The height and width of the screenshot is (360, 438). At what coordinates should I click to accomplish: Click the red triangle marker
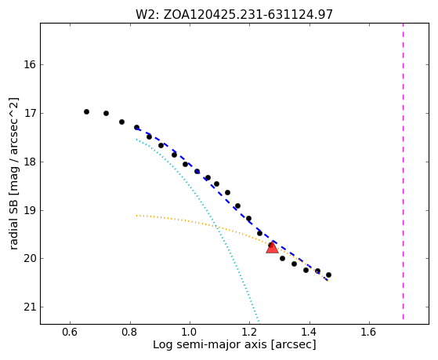tap(272, 248)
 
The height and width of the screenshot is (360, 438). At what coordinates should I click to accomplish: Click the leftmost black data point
tap(87, 112)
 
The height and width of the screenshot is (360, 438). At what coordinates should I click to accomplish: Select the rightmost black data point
tap(328, 275)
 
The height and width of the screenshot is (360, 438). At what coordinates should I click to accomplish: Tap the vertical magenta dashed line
tap(403, 171)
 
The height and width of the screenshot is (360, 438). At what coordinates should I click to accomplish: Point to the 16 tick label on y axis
tap(29, 65)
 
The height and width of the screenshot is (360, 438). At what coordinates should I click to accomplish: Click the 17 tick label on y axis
tap(29, 114)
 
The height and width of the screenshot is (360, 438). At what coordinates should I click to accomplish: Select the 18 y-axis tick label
tap(29, 162)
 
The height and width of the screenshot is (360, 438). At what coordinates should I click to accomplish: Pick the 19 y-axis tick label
tap(29, 211)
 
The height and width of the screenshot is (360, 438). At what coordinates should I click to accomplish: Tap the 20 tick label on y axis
tap(29, 259)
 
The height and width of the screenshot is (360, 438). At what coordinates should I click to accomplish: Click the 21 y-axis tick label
tap(29, 307)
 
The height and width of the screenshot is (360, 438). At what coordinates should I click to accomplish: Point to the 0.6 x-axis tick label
tap(70, 332)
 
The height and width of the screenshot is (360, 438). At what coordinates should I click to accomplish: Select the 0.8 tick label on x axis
tap(130, 332)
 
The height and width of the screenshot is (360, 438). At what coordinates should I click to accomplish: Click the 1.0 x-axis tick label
tap(190, 332)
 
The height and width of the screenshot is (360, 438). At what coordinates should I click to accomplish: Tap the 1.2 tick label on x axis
tap(249, 332)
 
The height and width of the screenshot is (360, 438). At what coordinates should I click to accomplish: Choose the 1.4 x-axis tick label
tap(309, 332)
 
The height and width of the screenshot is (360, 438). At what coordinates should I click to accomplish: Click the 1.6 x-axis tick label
tap(369, 332)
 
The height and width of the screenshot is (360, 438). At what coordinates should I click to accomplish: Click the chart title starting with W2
tap(234, 15)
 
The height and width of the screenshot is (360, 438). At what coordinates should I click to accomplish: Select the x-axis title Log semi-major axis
tap(234, 345)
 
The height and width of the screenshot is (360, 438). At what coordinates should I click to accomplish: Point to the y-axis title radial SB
tap(14, 173)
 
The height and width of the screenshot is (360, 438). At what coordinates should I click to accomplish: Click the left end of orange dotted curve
tap(136, 216)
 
